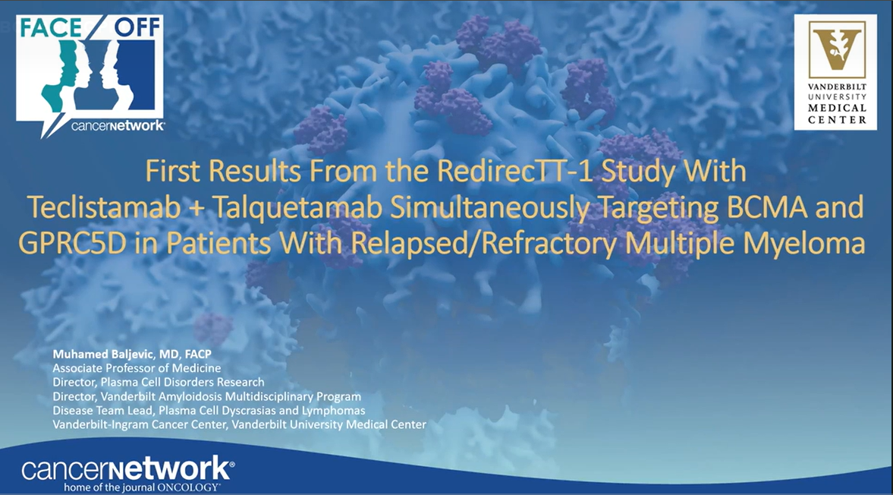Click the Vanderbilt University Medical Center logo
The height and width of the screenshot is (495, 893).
[x=835, y=71]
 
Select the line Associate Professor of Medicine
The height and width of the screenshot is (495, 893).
[x=137, y=368]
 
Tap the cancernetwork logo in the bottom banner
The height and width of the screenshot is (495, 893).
[x=127, y=469]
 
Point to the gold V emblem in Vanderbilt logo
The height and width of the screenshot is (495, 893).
[x=835, y=49]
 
